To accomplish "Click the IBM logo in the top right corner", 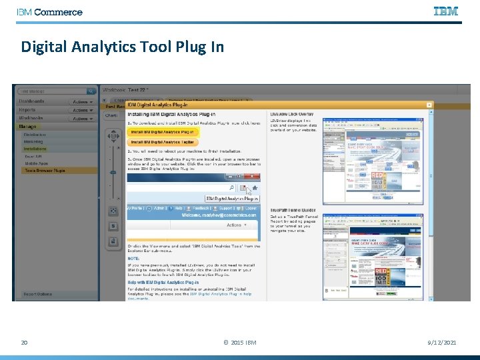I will (446, 11).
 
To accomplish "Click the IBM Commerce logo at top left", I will (50, 12).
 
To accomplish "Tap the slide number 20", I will (24, 343).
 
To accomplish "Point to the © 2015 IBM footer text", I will (240, 343).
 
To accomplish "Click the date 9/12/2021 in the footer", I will (441, 343).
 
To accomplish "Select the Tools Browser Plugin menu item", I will (45, 171).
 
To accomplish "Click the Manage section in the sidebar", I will (28, 126).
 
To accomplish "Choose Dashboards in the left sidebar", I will (31, 101).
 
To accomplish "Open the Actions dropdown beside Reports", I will (83, 110).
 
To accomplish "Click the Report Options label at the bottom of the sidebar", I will (38, 294).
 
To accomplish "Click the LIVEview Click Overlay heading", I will (292, 114).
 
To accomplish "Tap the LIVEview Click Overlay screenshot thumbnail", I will (373, 160).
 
